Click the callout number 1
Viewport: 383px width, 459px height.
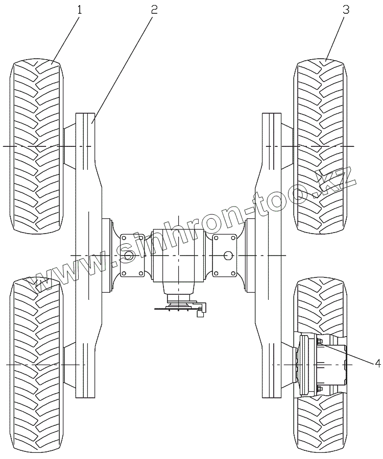click(79, 10)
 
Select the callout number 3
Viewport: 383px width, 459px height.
click(346, 10)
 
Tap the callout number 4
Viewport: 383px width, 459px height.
click(377, 363)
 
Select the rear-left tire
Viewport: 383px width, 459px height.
click(37, 365)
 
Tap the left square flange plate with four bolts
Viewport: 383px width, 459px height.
click(131, 255)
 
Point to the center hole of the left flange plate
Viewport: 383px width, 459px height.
click(130, 255)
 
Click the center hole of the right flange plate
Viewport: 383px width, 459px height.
click(227, 255)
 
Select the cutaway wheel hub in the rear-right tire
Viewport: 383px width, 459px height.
click(322, 365)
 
